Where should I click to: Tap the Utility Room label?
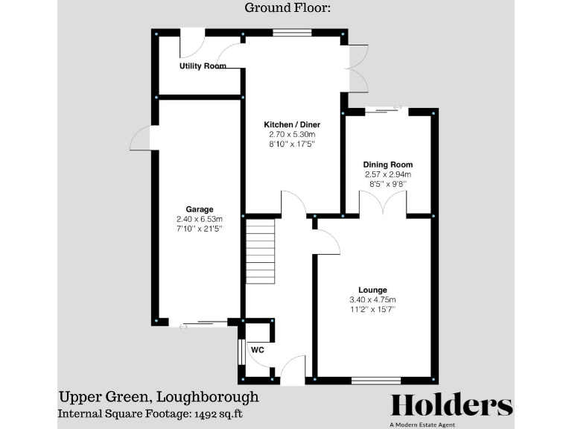(203, 66)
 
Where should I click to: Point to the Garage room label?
(200, 209)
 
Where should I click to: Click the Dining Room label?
(387, 165)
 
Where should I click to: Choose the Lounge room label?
(372, 290)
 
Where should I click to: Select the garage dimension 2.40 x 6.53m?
(200, 220)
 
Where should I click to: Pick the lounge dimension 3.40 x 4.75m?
(372, 300)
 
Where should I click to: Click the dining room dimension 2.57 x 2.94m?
(387, 175)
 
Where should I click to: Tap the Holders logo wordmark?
(452, 404)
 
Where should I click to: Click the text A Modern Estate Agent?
(452, 425)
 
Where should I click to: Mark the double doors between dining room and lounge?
(384, 204)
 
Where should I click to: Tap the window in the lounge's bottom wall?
(375, 381)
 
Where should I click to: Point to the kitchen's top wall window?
(286, 33)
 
